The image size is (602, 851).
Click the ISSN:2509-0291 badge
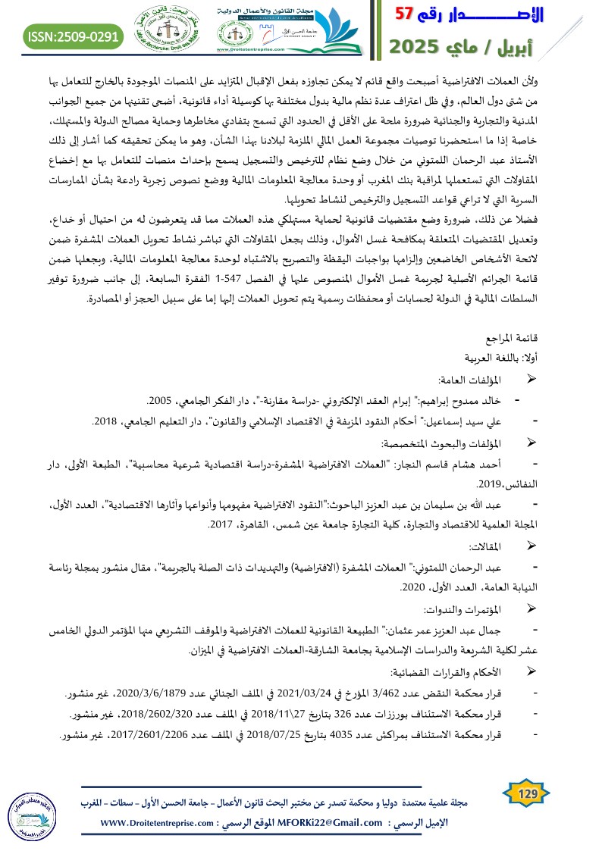pos(74,36)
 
